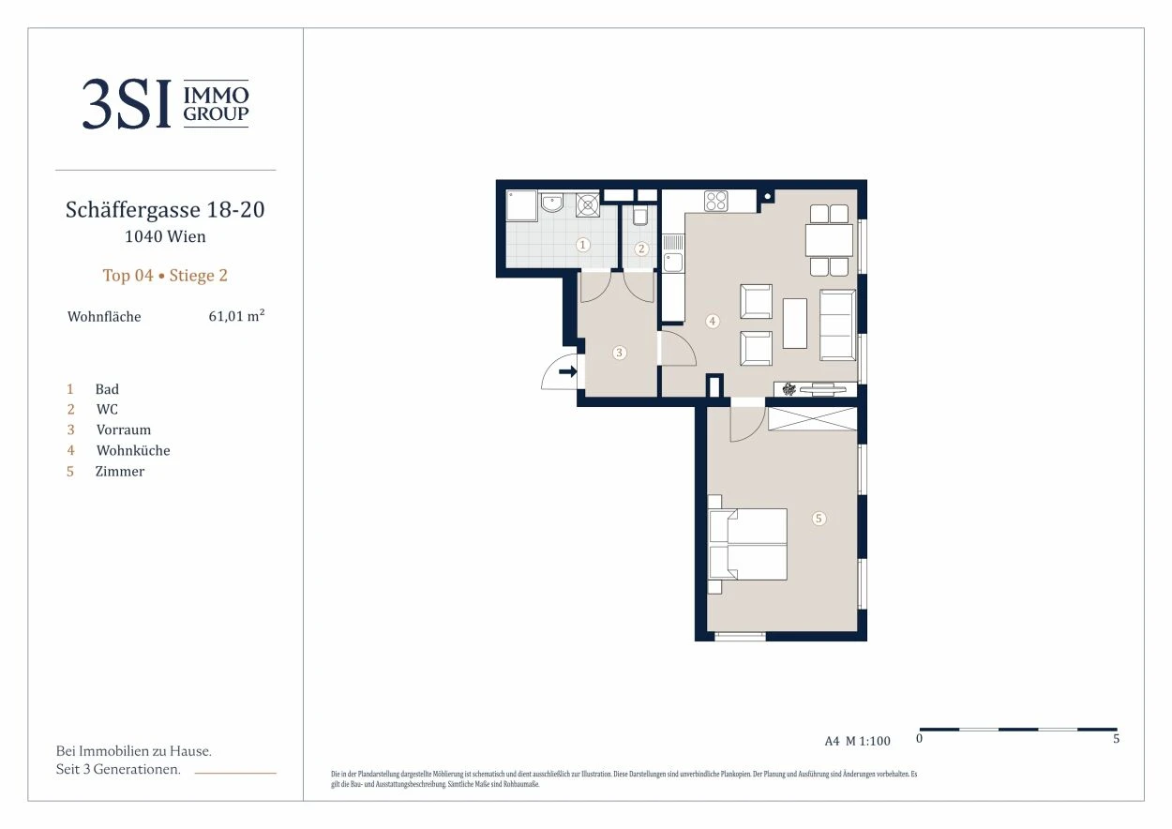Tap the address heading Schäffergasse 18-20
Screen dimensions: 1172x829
click(x=165, y=210)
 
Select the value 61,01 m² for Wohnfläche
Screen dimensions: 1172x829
click(x=236, y=316)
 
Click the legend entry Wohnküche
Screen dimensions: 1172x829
click(x=133, y=450)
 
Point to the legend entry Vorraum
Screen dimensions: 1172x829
click(x=124, y=430)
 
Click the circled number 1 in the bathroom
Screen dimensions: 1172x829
click(x=583, y=245)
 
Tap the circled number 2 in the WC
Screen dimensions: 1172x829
click(x=641, y=249)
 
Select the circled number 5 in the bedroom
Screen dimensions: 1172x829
click(x=819, y=519)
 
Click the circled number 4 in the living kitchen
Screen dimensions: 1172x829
click(x=712, y=321)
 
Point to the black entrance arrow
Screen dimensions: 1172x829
click(x=567, y=371)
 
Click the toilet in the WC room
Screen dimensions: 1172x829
click(x=639, y=216)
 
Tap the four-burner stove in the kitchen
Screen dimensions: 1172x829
click(x=715, y=201)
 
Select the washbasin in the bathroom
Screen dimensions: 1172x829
click(x=551, y=203)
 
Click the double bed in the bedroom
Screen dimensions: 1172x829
click(x=747, y=544)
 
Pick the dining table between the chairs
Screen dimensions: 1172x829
click(x=829, y=240)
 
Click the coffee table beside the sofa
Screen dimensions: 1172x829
click(x=795, y=323)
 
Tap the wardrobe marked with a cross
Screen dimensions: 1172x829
click(x=813, y=418)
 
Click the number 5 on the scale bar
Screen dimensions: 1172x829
click(x=1116, y=738)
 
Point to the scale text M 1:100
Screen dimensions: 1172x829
click(x=868, y=741)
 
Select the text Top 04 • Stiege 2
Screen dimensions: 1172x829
click(x=165, y=276)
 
